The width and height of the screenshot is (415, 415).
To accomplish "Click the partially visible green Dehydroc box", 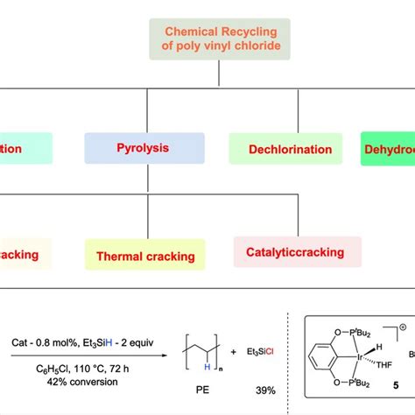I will tap(390, 149).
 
